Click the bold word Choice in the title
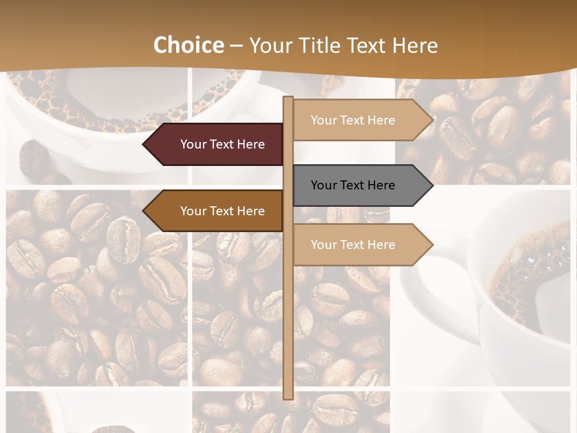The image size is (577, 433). click(188, 45)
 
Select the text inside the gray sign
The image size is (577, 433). click(353, 185)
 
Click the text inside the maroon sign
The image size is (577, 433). click(222, 144)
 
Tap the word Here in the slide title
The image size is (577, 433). click(415, 45)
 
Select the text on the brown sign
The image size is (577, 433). click(222, 211)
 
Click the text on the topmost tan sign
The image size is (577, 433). click(353, 120)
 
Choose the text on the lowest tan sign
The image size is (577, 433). click(353, 245)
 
